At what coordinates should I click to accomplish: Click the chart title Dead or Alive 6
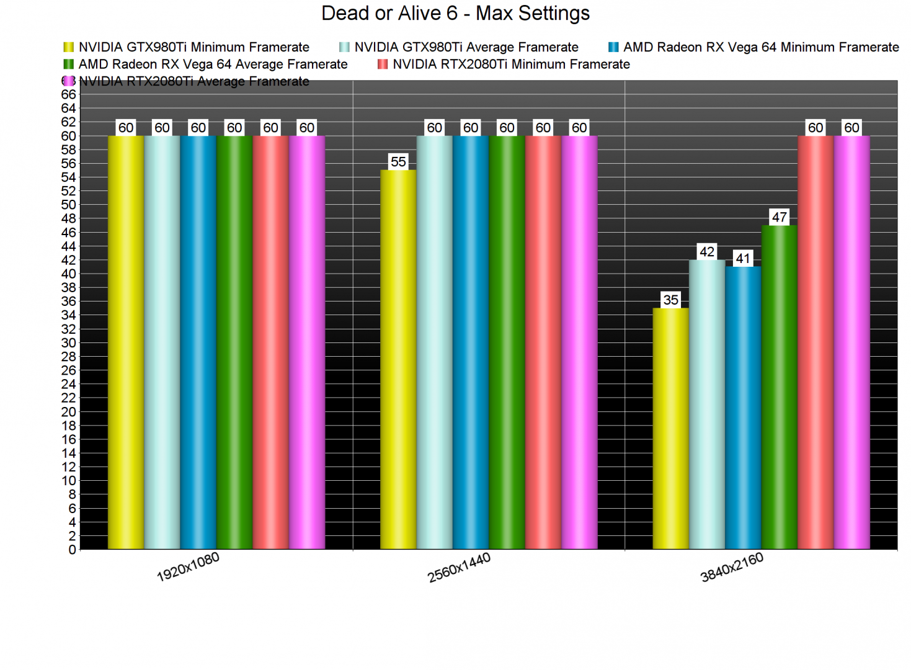pyautogui.click(x=455, y=14)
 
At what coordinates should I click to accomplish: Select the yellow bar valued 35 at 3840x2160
pyautogui.click(x=670, y=428)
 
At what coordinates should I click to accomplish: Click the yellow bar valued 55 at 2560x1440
pyautogui.click(x=398, y=360)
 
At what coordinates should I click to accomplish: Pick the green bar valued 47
pyautogui.click(x=779, y=387)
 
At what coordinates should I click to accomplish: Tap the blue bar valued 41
pyautogui.click(x=743, y=408)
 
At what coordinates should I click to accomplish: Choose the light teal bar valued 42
pyautogui.click(x=707, y=404)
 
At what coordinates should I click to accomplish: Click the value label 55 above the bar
pyautogui.click(x=398, y=162)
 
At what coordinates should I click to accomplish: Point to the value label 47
pyautogui.click(x=779, y=217)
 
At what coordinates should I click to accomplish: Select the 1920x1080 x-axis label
pyautogui.click(x=188, y=567)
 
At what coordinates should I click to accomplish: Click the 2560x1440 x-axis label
pyautogui.click(x=459, y=567)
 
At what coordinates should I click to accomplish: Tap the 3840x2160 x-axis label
pyautogui.click(x=732, y=567)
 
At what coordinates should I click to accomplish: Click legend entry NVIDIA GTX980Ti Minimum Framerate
pyautogui.click(x=193, y=47)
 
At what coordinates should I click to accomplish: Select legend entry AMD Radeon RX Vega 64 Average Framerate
pyautogui.click(x=213, y=65)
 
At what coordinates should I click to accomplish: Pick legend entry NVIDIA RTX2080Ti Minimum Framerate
pyautogui.click(x=511, y=65)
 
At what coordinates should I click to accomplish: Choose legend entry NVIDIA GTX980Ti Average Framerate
pyautogui.click(x=466, y=47)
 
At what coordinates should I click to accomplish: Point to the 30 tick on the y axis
pyautogui.click(x=68, y=343)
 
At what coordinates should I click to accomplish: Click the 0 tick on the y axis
pyautogui.click(x=72, y=550)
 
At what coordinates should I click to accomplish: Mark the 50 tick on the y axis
pyautogui.click(x=68, y=205)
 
